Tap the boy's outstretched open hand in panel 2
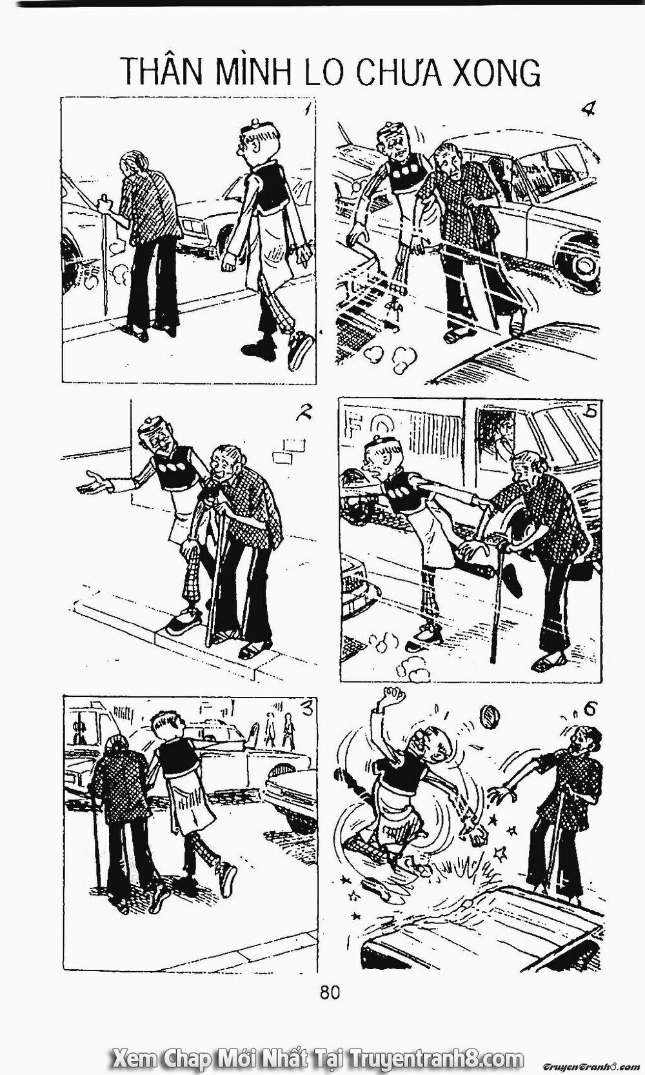91,481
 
